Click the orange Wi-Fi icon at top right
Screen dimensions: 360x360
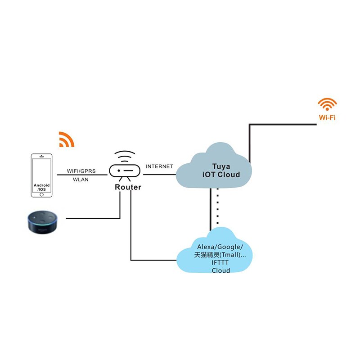327,104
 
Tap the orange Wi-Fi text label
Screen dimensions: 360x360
327,119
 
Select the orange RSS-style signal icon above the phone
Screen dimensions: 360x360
66,139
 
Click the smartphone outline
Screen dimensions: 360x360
41,175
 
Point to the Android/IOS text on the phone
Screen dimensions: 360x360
41,187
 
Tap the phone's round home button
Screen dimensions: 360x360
41,194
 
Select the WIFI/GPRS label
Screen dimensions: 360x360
82,171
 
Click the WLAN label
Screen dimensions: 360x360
81,180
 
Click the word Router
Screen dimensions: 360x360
128,187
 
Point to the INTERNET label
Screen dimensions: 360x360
159,166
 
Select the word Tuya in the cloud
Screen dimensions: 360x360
220,166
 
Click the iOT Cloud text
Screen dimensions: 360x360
220,175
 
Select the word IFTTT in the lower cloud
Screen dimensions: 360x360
220,263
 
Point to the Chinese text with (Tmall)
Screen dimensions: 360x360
220,255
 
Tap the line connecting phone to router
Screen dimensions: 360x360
82,175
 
